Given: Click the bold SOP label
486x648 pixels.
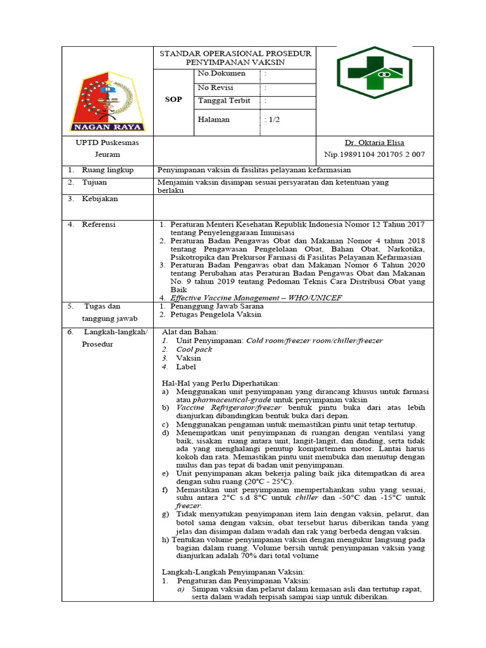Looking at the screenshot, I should [x=173, y=99].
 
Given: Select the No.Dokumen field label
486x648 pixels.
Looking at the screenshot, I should [x=221, y=74].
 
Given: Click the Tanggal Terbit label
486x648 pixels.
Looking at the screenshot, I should [x=224, y=101].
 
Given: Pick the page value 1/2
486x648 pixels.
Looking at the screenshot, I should [x=273, y=119].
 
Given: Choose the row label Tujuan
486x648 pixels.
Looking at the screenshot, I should [x=95, y=182].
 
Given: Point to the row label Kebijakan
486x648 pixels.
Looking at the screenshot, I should [x=99, y=199].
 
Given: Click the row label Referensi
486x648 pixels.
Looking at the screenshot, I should [x=99, y=225].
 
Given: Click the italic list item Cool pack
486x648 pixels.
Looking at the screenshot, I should [x=194, y=349].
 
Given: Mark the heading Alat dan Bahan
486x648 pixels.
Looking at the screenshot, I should [x=190, y=332].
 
